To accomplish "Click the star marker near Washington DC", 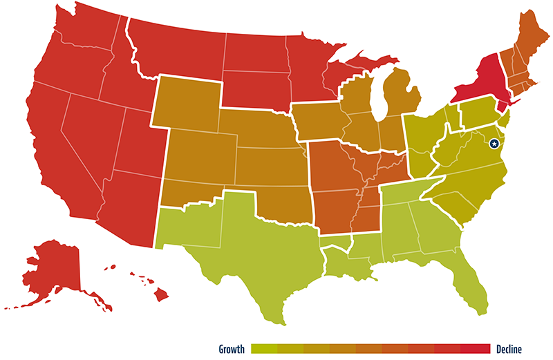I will (x=494, y=144).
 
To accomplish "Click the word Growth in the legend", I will (x=232, y=349).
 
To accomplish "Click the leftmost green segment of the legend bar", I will (x=264, y=349).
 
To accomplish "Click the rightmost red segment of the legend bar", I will (x=477, y=349).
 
